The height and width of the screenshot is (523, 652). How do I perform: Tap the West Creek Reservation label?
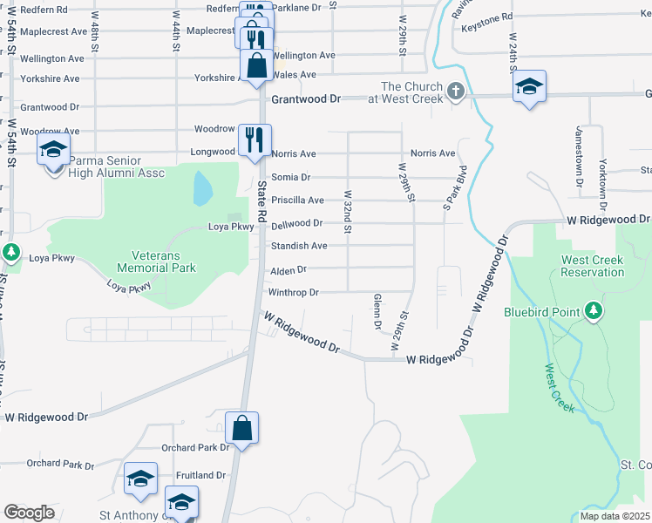click(593, 266)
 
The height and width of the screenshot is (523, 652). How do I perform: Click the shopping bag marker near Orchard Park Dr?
click(242, 428)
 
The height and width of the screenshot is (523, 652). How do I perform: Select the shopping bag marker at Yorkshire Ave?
click(257, 65)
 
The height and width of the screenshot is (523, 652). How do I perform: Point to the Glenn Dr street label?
click(378, 312)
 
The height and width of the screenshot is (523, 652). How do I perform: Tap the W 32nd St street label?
click(348, 213)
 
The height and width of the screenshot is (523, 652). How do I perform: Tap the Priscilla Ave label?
click(297, 200)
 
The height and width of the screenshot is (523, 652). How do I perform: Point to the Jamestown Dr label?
click(578, 156)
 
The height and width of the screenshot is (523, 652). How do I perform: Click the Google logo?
click(29, 513)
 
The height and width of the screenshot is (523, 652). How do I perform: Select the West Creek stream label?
click(561, 389)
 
